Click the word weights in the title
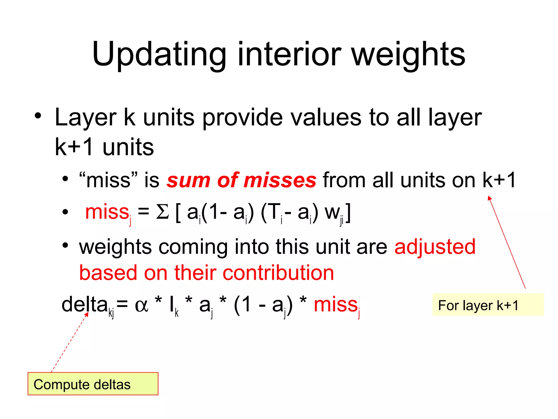tap(408, 55)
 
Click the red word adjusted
tap(435, 247)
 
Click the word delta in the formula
tap(84, 304)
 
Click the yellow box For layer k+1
tap(488, 305)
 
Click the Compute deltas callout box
tap(93, 384)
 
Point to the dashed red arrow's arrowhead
tap(87, 314)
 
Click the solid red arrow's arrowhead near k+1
tap(489, 198)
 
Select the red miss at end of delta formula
tap(336, 305)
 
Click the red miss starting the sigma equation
tap(107, 212)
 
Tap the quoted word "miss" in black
tap(108, 180)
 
